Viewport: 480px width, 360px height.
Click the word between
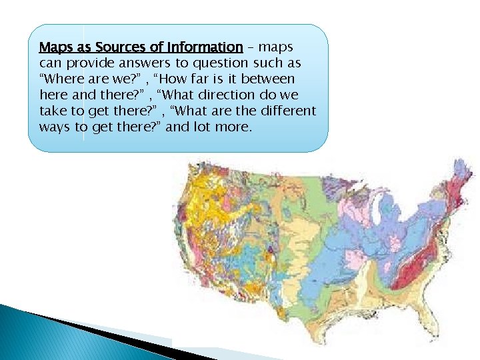click(266, 79)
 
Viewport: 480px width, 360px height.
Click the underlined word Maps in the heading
click(55, 47)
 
